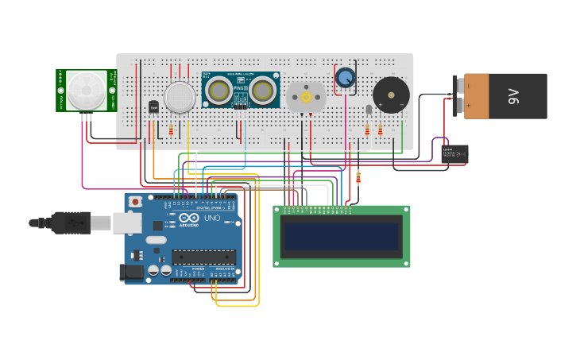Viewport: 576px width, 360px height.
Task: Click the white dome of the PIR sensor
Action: (x=86, y=90)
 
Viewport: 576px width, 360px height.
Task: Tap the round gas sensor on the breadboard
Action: (x=180, y=97)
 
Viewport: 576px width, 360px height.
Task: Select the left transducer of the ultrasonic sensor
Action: (x=219, y=91)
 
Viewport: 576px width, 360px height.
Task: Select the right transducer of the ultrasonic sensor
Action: (x=262, y=91)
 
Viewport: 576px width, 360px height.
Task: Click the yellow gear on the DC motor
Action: (x=306, y=97)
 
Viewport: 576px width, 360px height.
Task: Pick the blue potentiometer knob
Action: (x=345, y=77)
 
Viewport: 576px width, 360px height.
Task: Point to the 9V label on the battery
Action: (x=513, y=96)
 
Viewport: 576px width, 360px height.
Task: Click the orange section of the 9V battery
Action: (x=477, y=96)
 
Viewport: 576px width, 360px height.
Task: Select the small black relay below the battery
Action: (x=454, y=153)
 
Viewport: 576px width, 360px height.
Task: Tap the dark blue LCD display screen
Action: (x=342, y=236)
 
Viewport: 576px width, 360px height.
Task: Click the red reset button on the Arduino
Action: (x=136, y=202)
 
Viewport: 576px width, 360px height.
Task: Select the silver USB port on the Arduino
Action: (x=127, y=223)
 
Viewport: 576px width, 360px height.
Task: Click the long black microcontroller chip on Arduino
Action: (x=204, y=257)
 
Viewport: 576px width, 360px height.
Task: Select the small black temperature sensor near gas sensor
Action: (x=153, y=106)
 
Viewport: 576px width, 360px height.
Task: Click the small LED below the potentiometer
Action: (x=369, y=110)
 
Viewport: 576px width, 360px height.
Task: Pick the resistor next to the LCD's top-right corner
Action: (x=358, y=177)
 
